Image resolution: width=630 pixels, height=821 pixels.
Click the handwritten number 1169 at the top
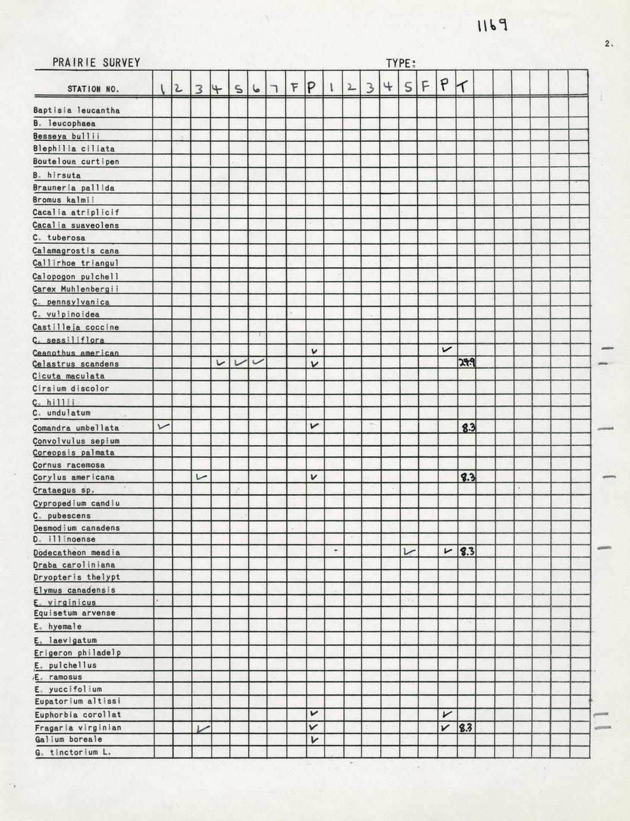pos(491,26)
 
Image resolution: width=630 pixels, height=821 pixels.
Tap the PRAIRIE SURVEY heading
pos(96,62)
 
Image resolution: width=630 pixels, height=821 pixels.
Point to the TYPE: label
pos(400,64)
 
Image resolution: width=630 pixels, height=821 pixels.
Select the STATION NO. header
pos(93,89)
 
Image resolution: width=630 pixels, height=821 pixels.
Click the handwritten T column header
pos(462,87)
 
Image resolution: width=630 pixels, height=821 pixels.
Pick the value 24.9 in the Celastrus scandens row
pos(467,362)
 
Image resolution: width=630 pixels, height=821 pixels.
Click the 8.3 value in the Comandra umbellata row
pos(468,427)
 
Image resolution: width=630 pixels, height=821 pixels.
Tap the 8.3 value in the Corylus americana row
pos(468,477)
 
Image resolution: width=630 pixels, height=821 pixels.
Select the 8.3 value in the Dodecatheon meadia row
pos(466,551)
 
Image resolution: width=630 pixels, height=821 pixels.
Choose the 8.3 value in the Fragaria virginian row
pos(466,726)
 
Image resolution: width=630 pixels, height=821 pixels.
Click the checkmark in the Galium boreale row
pos(314,739)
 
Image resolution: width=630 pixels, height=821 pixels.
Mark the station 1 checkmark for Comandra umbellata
pos(163,426)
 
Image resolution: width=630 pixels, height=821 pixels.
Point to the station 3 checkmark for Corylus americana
pos(202,477)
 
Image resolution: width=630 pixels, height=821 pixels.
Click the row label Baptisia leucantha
pos(77,111)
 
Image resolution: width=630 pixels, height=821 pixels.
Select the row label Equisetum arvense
pos(74,613)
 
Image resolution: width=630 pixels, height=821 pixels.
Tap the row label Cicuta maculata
pos(69,376)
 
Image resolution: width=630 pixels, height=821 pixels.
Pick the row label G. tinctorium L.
pos(73,753)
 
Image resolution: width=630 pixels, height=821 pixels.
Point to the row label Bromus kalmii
pos(64,200)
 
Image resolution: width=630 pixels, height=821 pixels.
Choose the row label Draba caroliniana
pos(74,565)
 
